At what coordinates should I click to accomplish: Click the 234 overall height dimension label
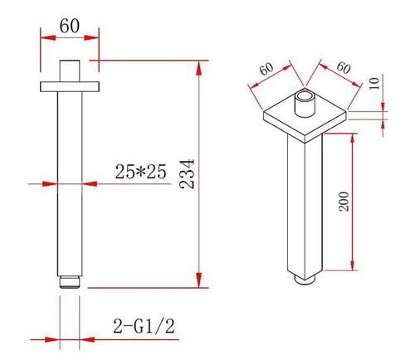(x=187, y=174)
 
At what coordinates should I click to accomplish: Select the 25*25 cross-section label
(x=140, y=172)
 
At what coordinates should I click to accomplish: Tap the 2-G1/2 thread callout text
(x=144, y=326)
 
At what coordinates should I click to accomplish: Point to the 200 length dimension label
(x=344, y=202)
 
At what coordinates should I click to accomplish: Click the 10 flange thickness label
(x=374, y=83)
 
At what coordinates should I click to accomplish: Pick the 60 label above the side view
(x=70, y=26)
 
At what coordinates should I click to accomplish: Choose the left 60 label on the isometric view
(x=267, y=69)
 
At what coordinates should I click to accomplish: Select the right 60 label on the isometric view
(x=344, y=67)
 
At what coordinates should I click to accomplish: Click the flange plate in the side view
(x=70, y=86)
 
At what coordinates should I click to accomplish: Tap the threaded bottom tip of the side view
(x=70, y=282)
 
